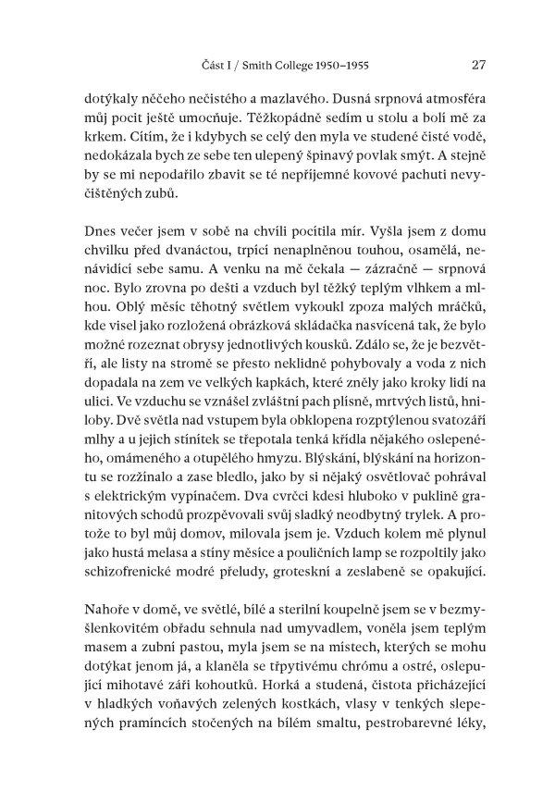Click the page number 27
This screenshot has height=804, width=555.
(x=478, y=65)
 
